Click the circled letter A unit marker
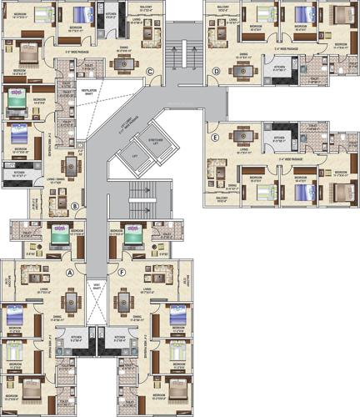(x=70, y=272)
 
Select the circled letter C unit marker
(x=148, y=72)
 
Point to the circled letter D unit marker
(x=215, y=72)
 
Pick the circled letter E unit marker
(x=215, y=138)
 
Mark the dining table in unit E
(x=244, y=136)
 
